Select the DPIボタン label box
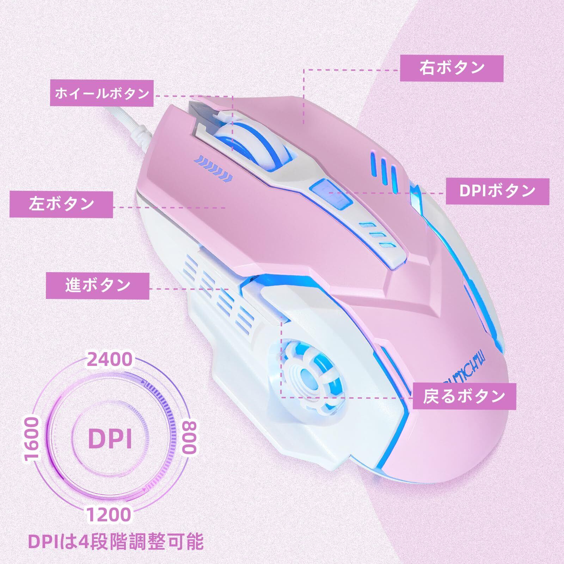click(497, 191)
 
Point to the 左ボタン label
click(61, 204)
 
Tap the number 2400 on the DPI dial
click(104, 360)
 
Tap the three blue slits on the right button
click(386, 171)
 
